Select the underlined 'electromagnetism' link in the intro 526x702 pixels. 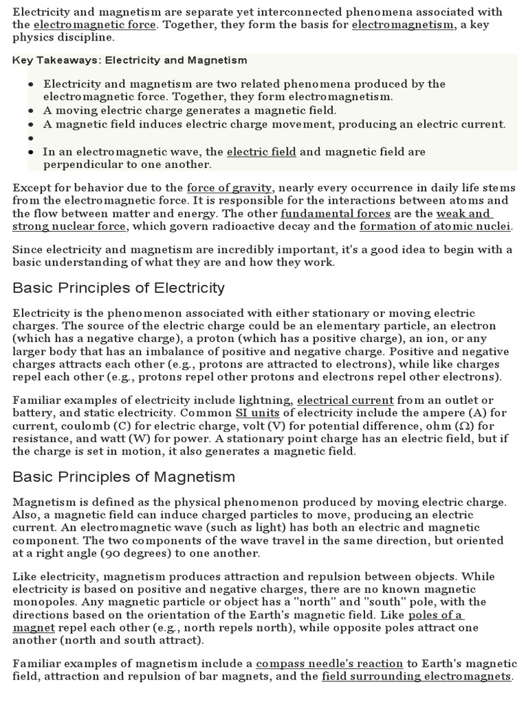(x=403, y=25)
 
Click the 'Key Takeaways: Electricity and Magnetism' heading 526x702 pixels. (x=130, y=60)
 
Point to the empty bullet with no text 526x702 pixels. (x=32, y=138)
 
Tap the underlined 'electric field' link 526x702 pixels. (x=261, y=152)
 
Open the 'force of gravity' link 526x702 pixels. (x=230, y=187)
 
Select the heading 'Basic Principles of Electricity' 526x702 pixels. (x=118, y=287)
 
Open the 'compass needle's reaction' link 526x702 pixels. (x=329, y=664)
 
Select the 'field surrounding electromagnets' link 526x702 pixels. (x=416, y=677)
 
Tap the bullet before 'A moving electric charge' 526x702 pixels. (x=32, y=110)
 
